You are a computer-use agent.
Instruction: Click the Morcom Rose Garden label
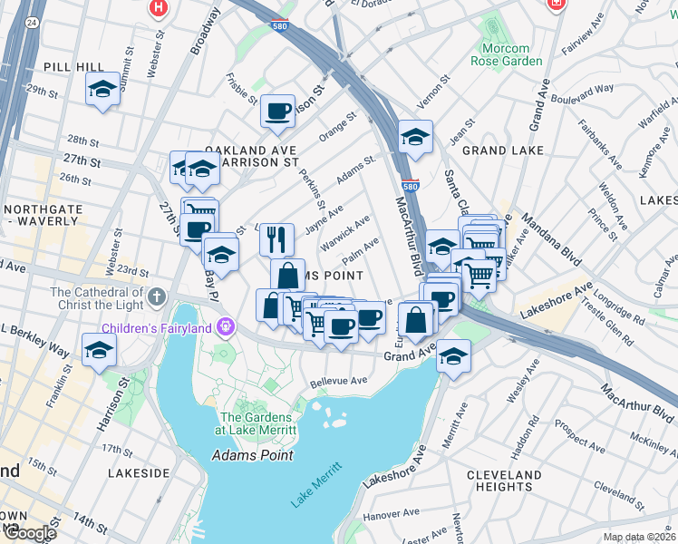tap(506, 54)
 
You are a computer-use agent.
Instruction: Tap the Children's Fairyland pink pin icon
tap(226, 326)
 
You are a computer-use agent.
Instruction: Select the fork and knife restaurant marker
tap(277, 239)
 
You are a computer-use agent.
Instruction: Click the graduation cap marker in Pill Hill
tap(102, 90)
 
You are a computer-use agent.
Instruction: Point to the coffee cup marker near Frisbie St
tap(277, 111)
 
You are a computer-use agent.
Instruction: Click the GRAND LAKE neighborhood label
tap(502, 150)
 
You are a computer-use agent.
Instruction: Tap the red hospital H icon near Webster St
tap(159, 8)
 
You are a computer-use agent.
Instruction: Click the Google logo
tap(29, 533)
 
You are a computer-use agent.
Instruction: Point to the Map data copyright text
tap(638, 537)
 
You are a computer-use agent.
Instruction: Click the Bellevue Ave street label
tap(338, 382)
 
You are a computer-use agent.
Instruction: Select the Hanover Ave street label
tap(391, 515)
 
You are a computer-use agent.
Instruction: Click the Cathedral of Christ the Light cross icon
tap(157, 296)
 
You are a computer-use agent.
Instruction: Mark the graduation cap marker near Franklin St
tap(99, 351)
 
